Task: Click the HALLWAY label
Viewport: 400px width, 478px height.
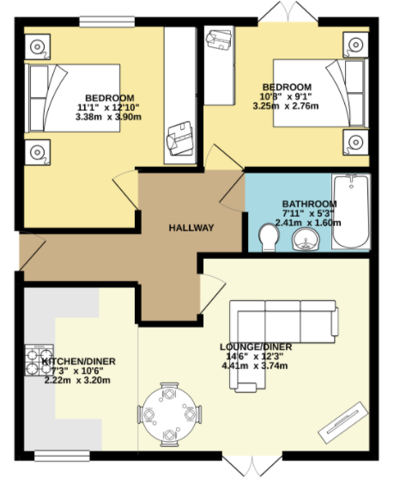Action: point(191,228)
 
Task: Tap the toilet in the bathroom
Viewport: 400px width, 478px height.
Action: point(269,238)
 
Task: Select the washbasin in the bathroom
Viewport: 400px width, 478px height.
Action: point(306,239)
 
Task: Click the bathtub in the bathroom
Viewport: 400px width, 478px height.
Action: point(351,211)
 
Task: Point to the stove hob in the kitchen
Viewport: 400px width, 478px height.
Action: point(39,360)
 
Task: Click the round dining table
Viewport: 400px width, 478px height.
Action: point(169,415)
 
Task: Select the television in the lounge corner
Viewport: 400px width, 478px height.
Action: point(343,423)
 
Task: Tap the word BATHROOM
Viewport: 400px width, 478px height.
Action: point(309,204)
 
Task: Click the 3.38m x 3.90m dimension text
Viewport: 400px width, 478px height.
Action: point(109,117)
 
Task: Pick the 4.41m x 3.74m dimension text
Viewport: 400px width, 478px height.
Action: point(255,365)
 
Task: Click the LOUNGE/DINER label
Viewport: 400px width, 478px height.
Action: point(256,347)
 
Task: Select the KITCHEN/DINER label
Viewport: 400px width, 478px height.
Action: point(78,362)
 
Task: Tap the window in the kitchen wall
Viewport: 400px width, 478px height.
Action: point(62,457)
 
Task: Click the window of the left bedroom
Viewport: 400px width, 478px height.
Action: point(106,21)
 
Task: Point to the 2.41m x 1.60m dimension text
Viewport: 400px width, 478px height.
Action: point(308,223)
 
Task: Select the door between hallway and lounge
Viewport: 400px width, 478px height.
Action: point(213,293)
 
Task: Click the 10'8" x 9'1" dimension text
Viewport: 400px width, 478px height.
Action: point(286,96)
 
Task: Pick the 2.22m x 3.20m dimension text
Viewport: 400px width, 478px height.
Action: point(77,381)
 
